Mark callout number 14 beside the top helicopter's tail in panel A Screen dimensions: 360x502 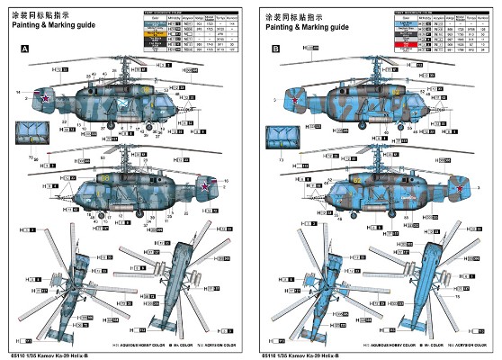coord(17,92)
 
